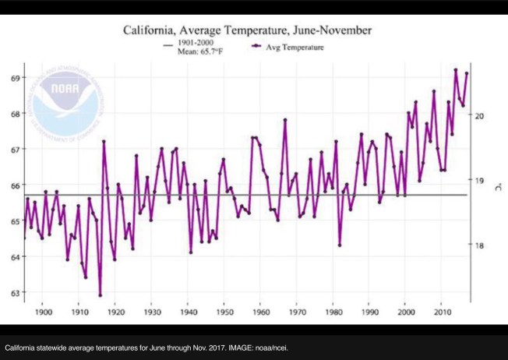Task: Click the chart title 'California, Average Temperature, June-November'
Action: tap(247, 31)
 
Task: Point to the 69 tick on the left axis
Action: tap(15, 78)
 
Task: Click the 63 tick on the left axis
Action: tap(15, 293)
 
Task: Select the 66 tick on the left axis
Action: tap(15, 185)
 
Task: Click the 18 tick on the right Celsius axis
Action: tap(481, 245)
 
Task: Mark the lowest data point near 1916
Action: tap(100, 295)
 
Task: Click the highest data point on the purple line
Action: tap(455, 69)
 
